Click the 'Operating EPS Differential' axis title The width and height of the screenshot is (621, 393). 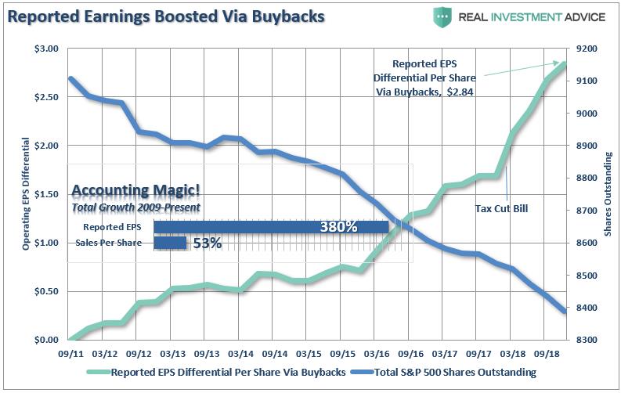(x=26, y=194)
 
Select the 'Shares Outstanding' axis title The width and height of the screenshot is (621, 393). (x=608, y=194)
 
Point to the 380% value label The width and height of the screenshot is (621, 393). (x=338, y=227)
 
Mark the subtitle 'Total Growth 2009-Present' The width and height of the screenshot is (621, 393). (x=135, y=207)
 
